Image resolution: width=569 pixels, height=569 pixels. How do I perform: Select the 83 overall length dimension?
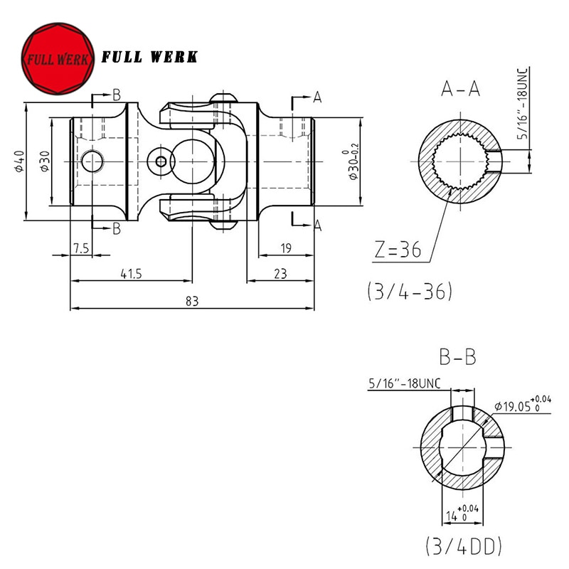(x=191, y=301)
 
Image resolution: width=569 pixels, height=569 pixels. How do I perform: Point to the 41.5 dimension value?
(x=129, y=272)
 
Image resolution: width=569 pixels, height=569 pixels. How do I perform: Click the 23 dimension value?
(x=280, y=272)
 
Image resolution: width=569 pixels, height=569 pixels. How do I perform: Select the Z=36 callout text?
(x=398, y=250)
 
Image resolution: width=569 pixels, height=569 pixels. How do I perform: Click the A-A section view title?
(x=460, y=89)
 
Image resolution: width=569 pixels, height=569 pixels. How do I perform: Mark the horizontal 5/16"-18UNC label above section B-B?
(x=405, y=384)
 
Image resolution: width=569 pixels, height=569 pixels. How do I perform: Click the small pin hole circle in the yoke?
(x=161, y=161)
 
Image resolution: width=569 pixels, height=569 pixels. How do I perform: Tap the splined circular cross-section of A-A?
(x=460, y=161)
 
